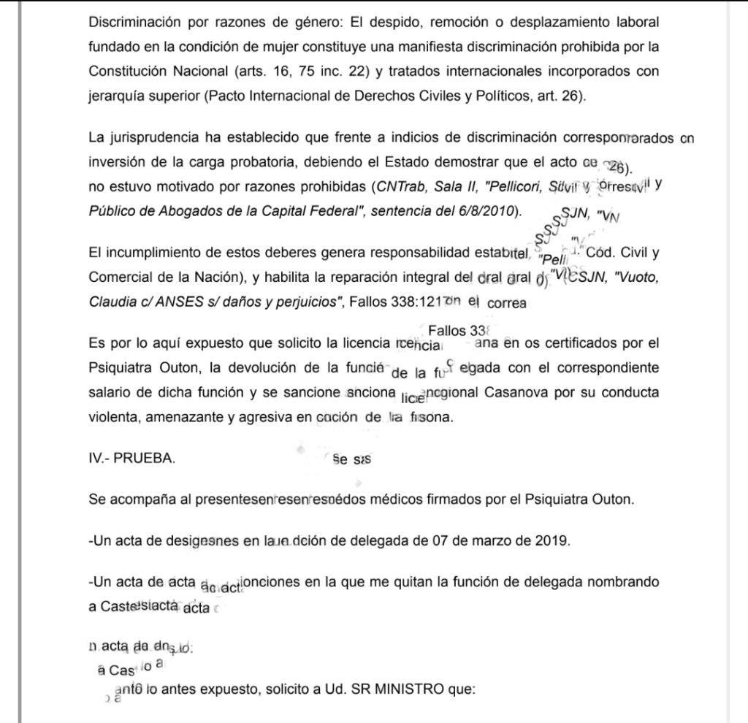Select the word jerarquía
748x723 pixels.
[x=115, y=96]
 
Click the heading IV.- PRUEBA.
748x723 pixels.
[x=131, y=459]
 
